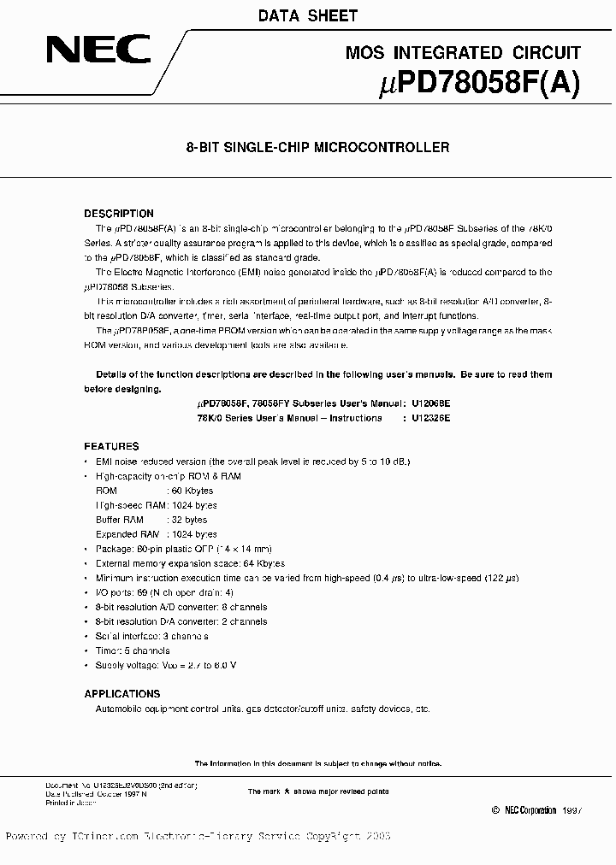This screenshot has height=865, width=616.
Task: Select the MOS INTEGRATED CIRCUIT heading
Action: click(x=463, y=53)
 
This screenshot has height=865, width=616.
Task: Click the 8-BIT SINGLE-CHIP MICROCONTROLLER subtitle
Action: click(x=317, y=147)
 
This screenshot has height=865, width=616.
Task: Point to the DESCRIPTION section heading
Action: click(x=119, y=214)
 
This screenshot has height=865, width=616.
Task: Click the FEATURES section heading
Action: click(x=111, y=446)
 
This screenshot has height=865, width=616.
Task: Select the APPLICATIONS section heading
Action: click(x=122, y=693)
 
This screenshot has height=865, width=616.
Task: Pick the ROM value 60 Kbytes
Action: click(x=192, y=491)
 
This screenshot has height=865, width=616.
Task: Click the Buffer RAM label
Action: click(x=120, y=520)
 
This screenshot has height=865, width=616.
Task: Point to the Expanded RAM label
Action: click(x=126, y=534)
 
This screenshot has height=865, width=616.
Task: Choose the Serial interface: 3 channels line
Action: click(x=151, y=636)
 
